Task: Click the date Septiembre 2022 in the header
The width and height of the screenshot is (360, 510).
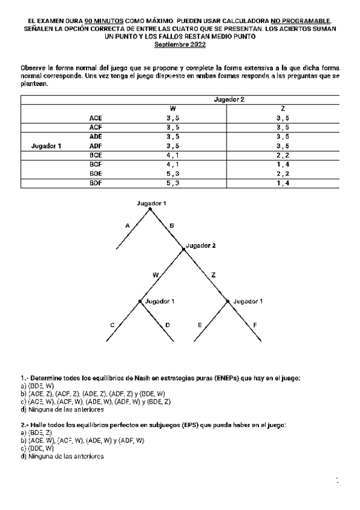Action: (180, 45)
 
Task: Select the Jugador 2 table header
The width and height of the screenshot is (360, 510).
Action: (230, 98)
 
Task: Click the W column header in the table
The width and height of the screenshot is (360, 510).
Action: (173, 108)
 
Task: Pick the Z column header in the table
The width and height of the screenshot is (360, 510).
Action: (282, 108)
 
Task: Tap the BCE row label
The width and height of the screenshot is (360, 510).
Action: (96, 155)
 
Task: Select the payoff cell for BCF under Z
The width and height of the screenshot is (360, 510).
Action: (282, 164)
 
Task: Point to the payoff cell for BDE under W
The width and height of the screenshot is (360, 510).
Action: (173, 173)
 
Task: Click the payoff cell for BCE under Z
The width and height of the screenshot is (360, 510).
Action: (282, 155)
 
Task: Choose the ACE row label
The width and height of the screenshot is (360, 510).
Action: (96, 118)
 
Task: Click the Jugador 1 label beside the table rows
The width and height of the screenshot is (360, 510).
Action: (46, 146)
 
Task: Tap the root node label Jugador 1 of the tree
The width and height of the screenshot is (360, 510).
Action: (151, 203)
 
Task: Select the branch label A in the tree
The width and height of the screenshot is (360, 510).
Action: (127, 226)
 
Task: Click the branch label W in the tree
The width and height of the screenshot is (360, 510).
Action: (155, 274)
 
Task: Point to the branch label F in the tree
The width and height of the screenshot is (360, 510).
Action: (255, 325)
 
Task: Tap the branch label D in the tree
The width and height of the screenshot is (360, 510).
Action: (167, 325)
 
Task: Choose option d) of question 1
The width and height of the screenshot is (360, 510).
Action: (62, 410)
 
